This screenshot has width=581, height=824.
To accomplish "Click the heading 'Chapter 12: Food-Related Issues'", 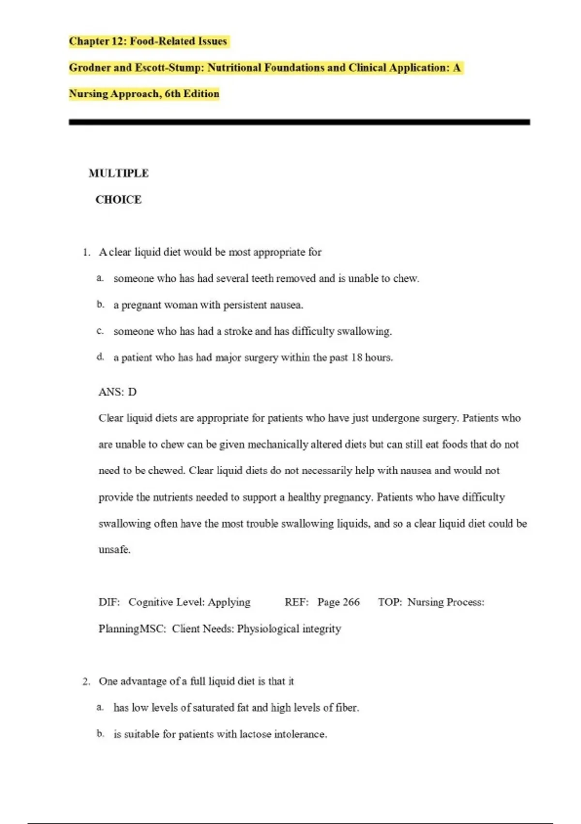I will point(148,41).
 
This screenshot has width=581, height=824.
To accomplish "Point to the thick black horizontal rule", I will point(299,122).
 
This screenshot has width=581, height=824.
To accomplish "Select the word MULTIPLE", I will point(119,173).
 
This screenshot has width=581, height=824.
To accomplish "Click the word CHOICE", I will point(119,199).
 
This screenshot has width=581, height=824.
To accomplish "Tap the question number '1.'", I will point(87,252).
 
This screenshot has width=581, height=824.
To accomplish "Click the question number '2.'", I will point(86,681).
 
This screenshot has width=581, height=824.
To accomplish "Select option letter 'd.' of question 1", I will point(100,357).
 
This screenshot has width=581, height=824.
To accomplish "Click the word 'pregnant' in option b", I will point(141,305).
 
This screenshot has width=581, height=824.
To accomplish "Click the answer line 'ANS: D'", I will point(118,392).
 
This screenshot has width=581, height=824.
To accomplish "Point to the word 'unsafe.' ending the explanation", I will point(114,550).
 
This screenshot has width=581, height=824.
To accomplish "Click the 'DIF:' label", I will point(109,602).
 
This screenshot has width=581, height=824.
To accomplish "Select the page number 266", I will point(351,602).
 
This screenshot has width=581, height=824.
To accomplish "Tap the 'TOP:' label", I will point(390,602).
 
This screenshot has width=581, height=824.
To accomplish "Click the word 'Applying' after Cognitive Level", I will point(229,602).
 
